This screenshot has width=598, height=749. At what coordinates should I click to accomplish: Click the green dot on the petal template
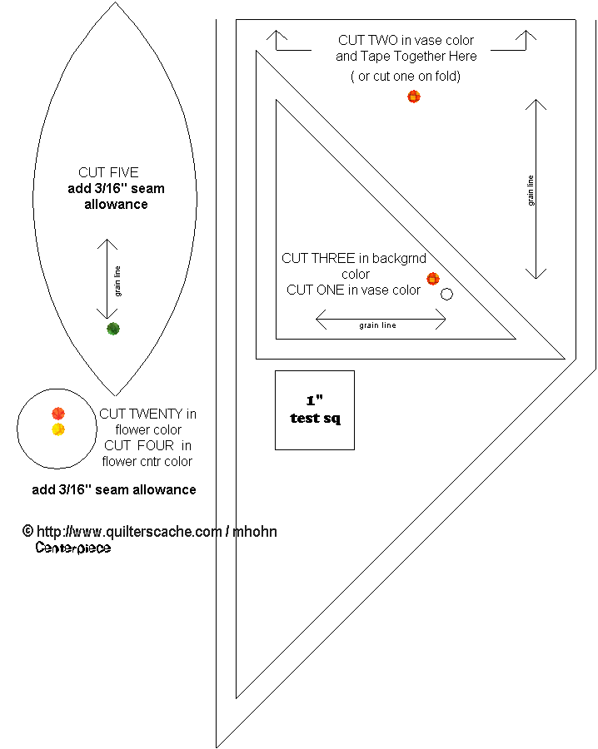(x=113, y=329)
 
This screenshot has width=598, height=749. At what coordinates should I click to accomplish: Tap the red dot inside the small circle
(x=58, y=414)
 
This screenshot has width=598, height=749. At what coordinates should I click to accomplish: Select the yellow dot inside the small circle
(x=58, y=429)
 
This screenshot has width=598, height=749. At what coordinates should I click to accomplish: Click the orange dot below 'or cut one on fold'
(x=414, y=97)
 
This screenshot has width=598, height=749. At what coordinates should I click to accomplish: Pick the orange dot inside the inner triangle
(x=433, y=279)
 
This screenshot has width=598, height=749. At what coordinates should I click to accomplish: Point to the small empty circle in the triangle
(x=447, y=294)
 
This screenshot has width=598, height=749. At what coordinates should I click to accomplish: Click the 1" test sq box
(x=315, y=410)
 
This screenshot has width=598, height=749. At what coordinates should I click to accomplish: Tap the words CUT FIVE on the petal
(x=108, y=173)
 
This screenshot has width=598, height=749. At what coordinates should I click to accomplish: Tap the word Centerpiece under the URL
(x=73, y=548)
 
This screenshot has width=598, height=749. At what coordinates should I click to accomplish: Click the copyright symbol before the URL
(x=27, y=531)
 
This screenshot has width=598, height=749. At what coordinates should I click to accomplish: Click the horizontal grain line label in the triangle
(x=377, y=325)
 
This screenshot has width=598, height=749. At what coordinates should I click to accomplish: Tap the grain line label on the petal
(x=118, y=280)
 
